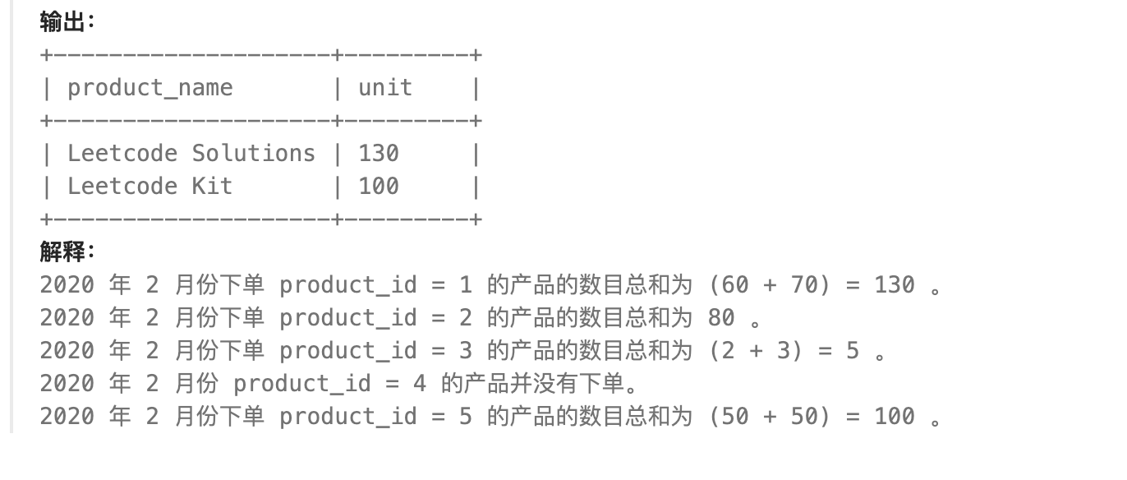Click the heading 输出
(62, 22)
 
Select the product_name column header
(149, 88)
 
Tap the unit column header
(384, 88)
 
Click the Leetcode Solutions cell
(191, 154)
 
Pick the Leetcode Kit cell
(149, 187)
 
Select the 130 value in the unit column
(379, 154)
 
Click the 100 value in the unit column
(379, 187)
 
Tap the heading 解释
(62, 252)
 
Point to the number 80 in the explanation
(721, 318)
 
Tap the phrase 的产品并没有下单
(538, 384)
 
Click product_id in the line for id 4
(301, 384)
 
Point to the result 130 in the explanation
(895, 285)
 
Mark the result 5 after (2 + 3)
(853, 351)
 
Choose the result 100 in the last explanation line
(895, 417)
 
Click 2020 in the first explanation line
(67, 285)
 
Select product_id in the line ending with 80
(347, 318)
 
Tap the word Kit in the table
(212, 187)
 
